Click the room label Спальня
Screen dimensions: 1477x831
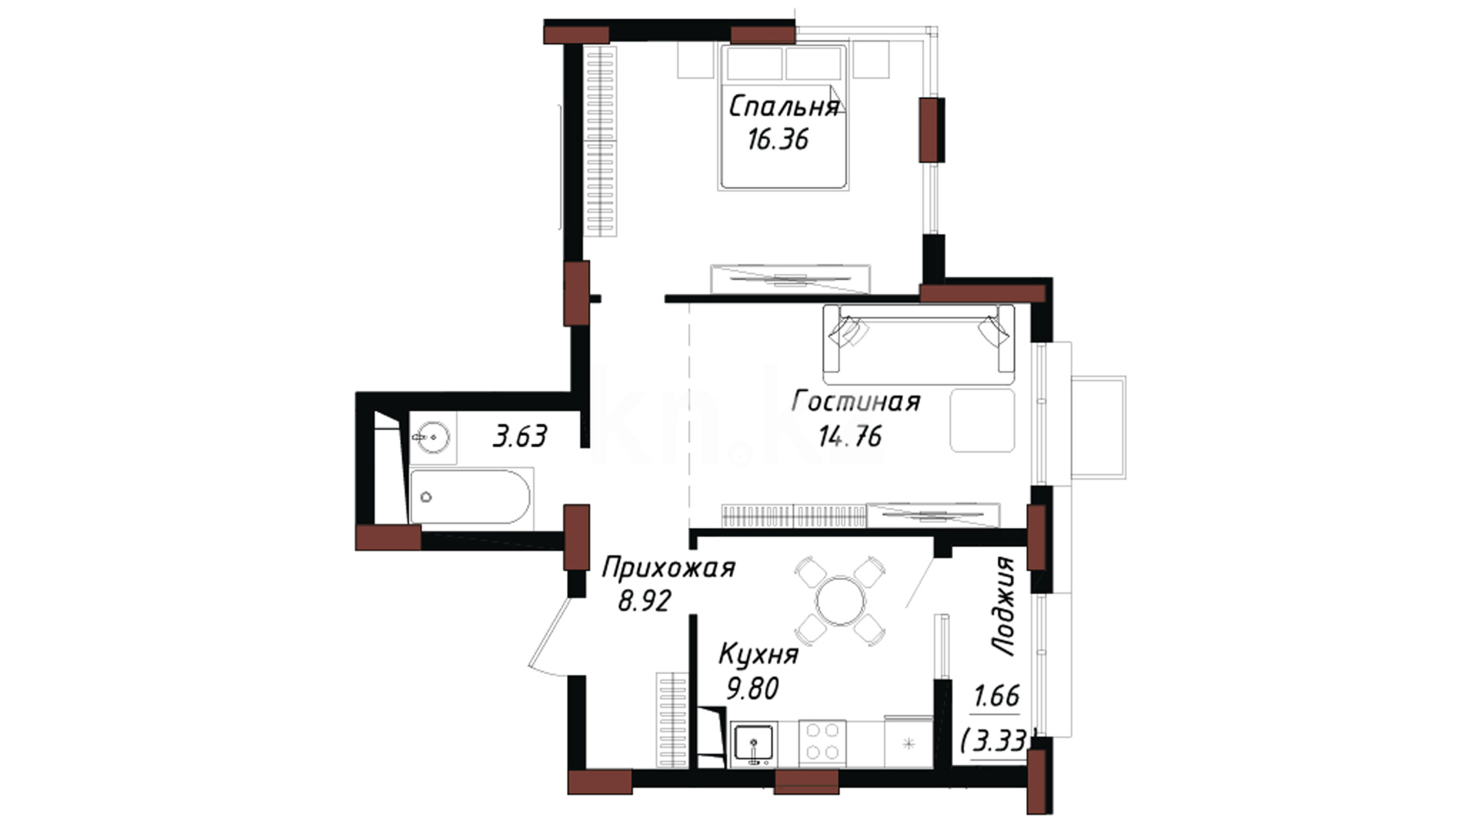tap(783, 106)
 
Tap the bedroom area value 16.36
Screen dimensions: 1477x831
tap(778, 139)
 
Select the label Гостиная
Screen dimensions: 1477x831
tap(855, 402)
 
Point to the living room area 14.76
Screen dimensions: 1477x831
tap(850, 436)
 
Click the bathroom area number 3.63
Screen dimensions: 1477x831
tap(520, 437)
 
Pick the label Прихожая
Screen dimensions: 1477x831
tap(668, 569)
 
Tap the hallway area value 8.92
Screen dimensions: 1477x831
tap(645, 600)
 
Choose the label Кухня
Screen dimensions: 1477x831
tap(759, 655)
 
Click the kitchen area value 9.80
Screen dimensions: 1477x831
tap(753, 688)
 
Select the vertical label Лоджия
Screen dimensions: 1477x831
tap(1004, 606)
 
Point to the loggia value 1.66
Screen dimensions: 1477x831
tap(996, 696)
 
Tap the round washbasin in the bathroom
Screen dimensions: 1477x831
tap(432, 438)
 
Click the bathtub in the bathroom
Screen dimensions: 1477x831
tap(470, 496)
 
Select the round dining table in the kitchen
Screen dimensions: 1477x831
tap(841, 601)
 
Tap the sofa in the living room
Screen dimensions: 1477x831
tap(919, 344)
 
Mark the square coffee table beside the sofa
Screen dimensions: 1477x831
tap(982, 420)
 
